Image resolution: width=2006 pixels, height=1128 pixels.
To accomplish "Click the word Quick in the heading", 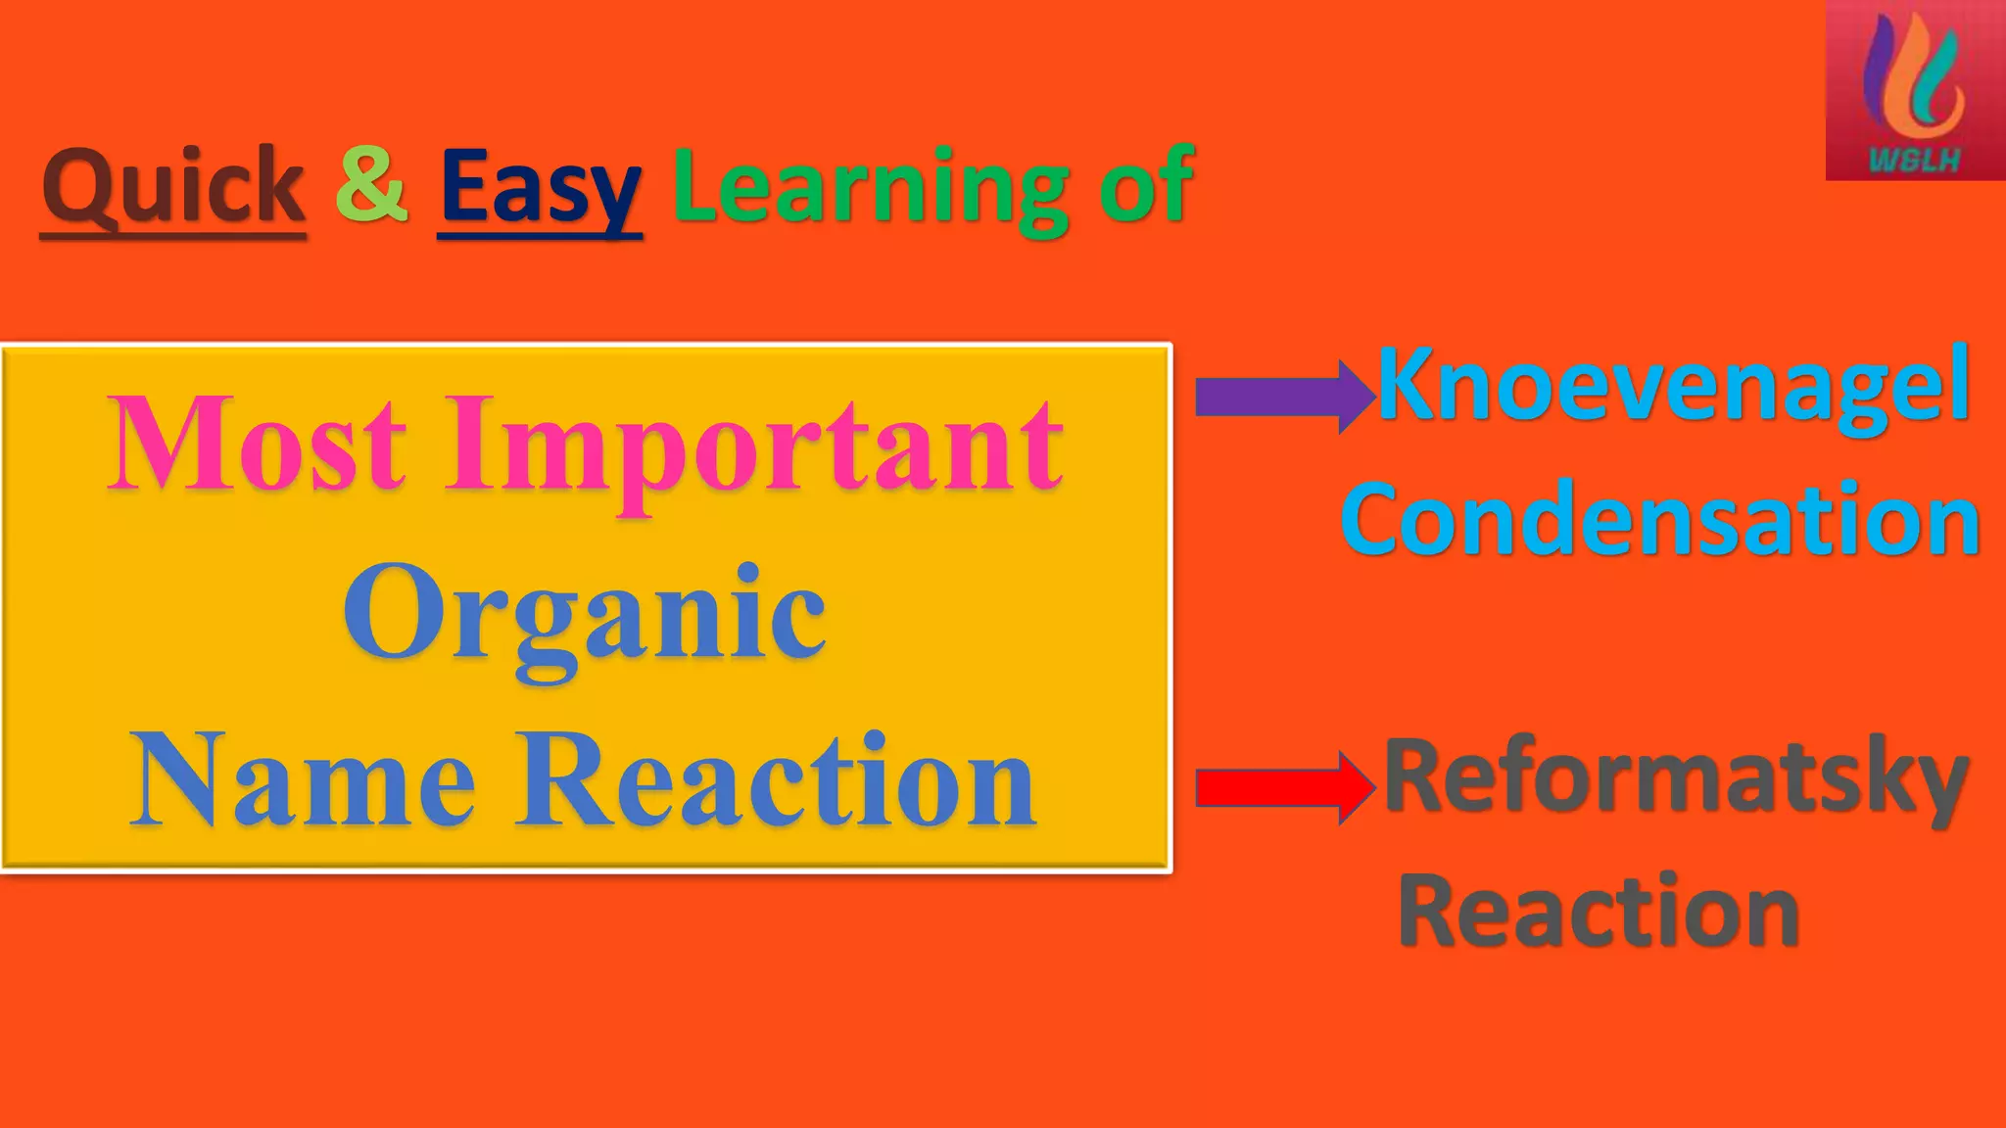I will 173,186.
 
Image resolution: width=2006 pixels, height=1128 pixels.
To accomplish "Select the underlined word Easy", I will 540,188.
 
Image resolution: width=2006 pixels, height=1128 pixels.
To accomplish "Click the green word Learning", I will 870,188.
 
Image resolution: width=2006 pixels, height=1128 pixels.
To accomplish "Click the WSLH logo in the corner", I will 1915,90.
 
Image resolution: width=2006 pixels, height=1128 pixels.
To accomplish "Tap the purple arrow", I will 1283,397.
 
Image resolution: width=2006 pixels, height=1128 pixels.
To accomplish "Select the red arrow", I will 1283,787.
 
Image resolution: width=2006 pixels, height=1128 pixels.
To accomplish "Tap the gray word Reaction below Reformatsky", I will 1599,911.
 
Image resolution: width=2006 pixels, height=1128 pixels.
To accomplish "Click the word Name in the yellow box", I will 303,779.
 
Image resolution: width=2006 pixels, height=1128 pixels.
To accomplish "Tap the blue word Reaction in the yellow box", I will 776,779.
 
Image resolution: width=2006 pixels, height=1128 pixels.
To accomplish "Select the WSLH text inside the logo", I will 1914,160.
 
